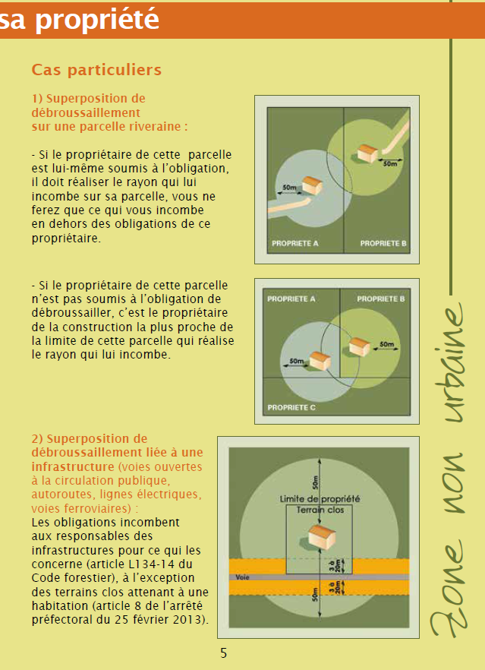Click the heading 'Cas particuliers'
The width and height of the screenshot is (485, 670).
(x=96, y=70)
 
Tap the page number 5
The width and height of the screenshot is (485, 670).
(x=224, y=653)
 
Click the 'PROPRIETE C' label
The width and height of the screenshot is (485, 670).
(x=291, y=408)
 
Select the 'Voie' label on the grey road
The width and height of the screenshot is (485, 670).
(x=243, y=577)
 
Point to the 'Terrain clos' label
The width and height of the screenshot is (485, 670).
(x=320, y=510)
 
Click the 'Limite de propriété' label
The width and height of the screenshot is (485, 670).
(x=320, y=499)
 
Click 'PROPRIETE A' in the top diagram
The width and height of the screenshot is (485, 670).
(x=295, y=244)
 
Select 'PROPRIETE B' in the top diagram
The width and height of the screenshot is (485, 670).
(x=383, y=244)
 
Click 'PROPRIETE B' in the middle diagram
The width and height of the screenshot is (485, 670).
(x=381, y=299)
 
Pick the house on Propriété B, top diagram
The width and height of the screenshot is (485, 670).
(x=367, y=153)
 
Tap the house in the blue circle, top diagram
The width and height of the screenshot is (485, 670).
(x=312, y=185)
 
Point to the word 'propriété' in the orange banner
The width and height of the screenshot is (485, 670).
(x=97, y=19)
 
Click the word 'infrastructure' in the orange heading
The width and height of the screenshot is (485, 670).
(x=73, y=466)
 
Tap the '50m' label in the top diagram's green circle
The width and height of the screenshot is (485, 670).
(x=390, y=163)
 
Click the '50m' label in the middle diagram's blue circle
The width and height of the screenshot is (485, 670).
(x=296, y=361)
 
